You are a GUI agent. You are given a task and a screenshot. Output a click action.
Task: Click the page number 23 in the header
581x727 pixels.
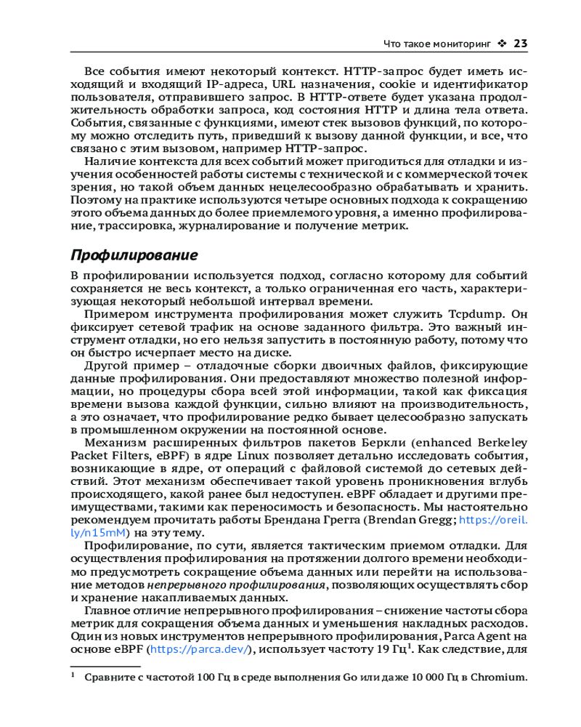519,44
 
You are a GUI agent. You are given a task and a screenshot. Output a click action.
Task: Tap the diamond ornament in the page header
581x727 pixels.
502,44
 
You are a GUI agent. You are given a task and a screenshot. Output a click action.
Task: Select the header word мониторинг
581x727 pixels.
460,44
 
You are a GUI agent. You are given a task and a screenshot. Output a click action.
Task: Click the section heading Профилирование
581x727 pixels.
134,256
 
